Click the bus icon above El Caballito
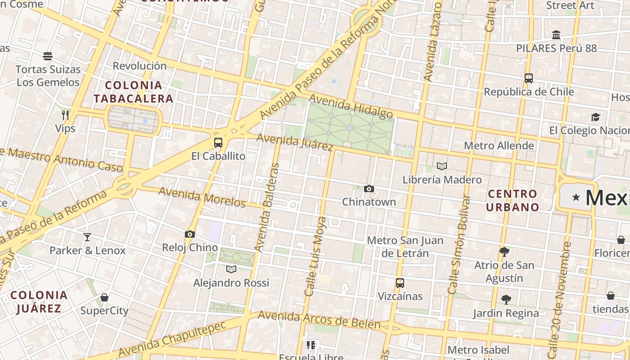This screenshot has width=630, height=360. pyautogui.click(x=218, y=143)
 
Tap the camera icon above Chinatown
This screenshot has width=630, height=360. pyautogui.click(x=369, y=189)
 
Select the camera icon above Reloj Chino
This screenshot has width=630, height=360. pyautogui.click(x=190, y=234)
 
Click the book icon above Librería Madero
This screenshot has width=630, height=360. pyautogui.click(x=442, y=166)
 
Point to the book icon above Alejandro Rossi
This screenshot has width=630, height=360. pyautogui.click(x=231, y=269)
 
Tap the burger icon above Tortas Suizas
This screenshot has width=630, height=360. pyautogui.click(x=48, y=56)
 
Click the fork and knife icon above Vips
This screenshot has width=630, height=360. pyautogui.click(x=65, y=115)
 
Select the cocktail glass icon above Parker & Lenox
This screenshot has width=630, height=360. pyautogui.click(x=87, y=237)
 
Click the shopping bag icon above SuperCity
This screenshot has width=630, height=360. pyautogui.click(x=104, y=297)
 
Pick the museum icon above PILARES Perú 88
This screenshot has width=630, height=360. pyautogui.click(x=556, y=35)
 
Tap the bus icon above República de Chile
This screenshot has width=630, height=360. pyautogui.click(x=529, y=78)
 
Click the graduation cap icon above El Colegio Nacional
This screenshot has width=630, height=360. pyautogui.click(x=596, y=117)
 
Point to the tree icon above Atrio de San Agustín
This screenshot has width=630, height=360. pyautogui.click(x=504, y=252)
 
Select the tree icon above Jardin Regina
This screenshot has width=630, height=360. pyautogui.click(x=506, y=299)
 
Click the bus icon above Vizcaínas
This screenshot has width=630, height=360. pyautogui.click(x=400, y=283)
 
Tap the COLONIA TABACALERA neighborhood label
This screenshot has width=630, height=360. pyautogui.click(x=133, y=92)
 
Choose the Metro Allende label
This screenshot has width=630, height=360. pyautogui.click(x=499, y=145)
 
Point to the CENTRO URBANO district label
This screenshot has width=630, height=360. pyautogui.click(x=512, y=200)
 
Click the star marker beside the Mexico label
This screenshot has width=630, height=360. pyautogui.click(x=576, y=197)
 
